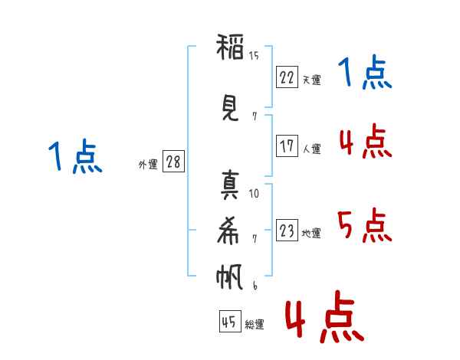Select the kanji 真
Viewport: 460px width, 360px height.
230,185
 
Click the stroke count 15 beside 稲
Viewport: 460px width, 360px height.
254,55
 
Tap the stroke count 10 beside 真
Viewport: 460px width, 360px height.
254,193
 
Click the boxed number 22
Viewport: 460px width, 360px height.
287,77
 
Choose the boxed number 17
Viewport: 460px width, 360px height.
287,146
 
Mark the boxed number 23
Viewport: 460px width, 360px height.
287,231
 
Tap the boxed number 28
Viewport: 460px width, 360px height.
173,162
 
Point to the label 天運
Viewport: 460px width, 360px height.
311,80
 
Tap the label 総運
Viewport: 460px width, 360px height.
255,326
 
